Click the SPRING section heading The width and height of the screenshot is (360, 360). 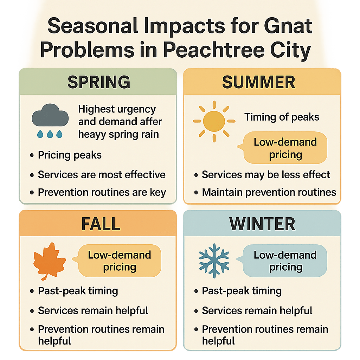(x=99, y=82)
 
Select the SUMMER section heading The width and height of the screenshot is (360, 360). (x=259, y=82)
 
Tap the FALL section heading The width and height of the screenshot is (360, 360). (x=101, y=224)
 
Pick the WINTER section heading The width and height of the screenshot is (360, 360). (x=262, y=224)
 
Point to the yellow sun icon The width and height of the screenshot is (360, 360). (x=214, y=121)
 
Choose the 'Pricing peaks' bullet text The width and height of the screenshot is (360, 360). (x=70, y=155)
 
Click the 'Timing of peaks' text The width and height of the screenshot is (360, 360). (x=282, y=117)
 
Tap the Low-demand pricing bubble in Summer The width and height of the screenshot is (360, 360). (x=285, y=148)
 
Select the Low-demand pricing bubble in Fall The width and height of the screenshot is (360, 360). (x=119, y=261)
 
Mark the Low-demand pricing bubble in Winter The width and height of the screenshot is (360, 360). (x=285, y=261)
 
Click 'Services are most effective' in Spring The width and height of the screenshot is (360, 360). (x=102, y=174)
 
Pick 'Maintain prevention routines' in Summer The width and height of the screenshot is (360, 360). (x=269, y=192)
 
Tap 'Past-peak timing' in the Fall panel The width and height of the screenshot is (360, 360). (x=78, y=291)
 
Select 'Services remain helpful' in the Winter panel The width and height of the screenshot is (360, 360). (x=257, y=310)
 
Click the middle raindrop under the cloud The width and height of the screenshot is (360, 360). (x=50, y=134)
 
